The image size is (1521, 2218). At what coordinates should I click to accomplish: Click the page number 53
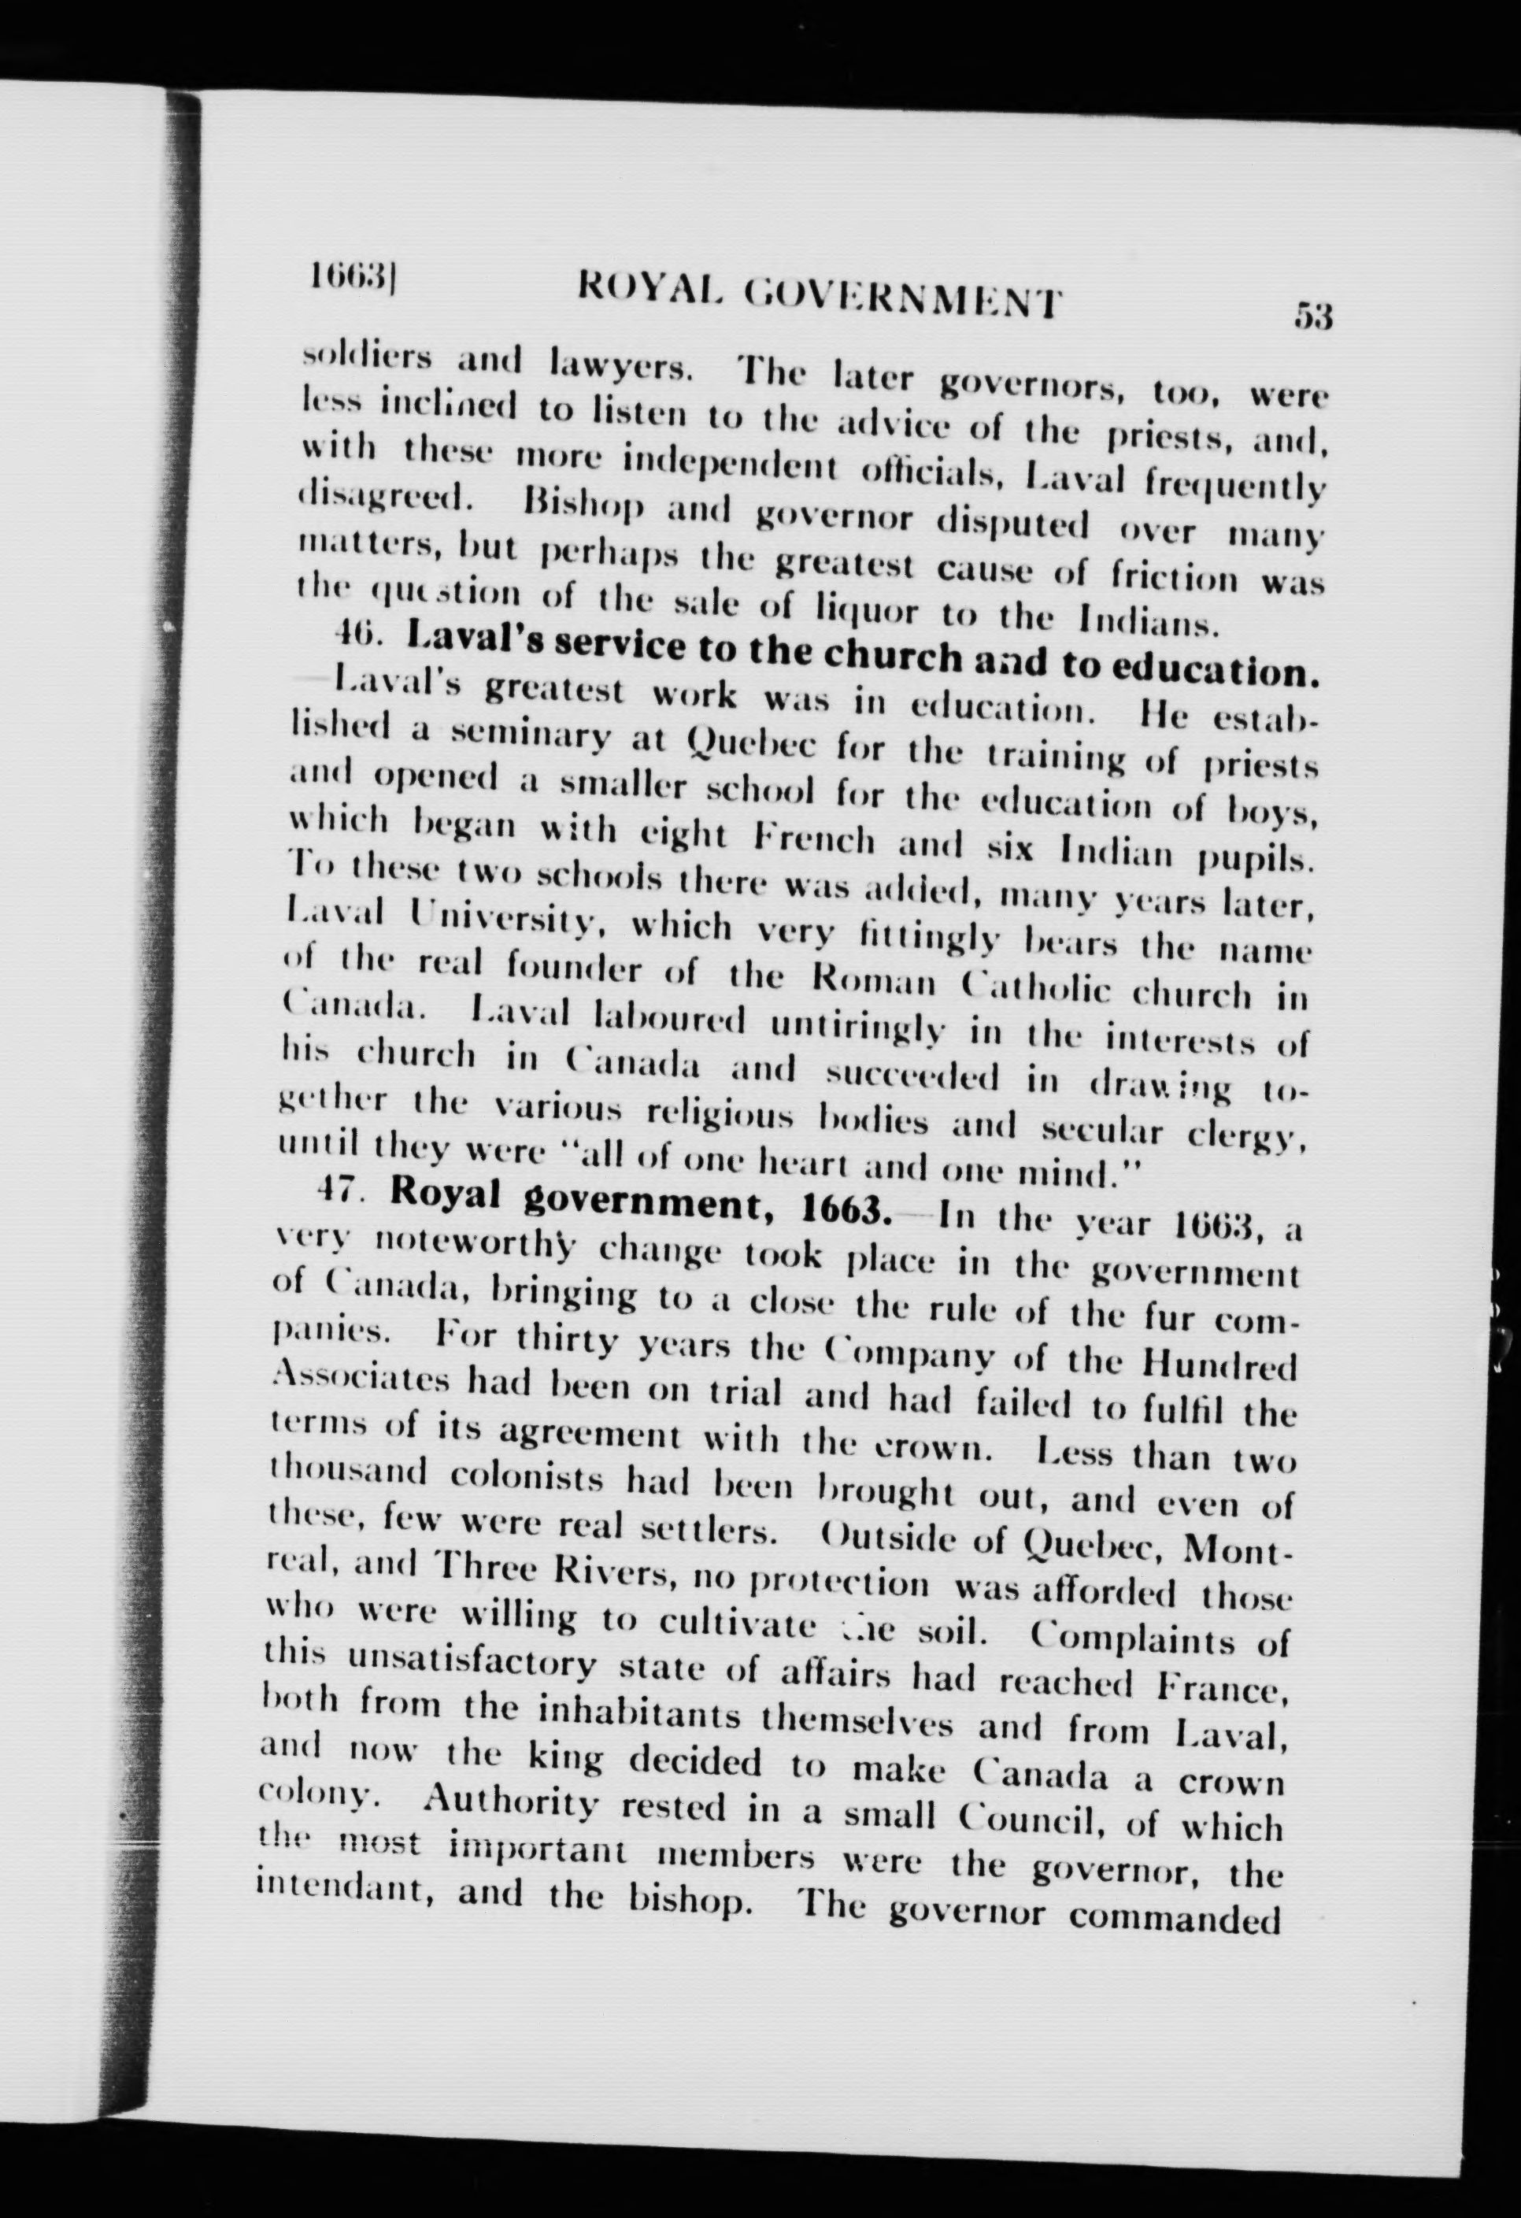point(1312,315)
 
